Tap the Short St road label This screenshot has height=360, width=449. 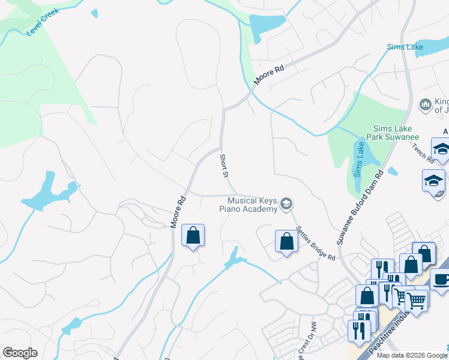[224, 166]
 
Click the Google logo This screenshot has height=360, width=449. [20, 353]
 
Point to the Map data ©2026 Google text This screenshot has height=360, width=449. [412, 355]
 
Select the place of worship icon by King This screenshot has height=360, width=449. [426, 105]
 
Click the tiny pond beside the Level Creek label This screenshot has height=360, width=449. [94, 13]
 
